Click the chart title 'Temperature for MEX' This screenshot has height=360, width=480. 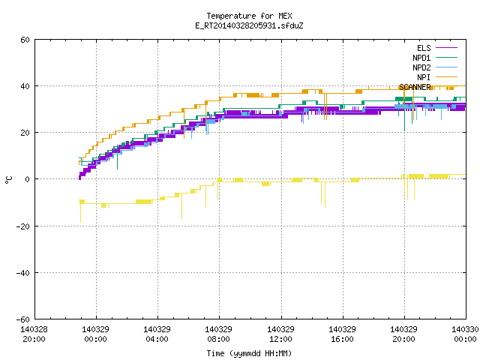click(x=249, y=16)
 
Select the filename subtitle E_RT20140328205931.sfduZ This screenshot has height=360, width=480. click(x=249, y=25)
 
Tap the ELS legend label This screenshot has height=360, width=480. click(x=424, y=48)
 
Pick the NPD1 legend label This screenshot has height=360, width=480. click(x=421, y=58)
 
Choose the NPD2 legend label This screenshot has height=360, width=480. click(x=421, y=67)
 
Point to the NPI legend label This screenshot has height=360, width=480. click(x=424, y=77)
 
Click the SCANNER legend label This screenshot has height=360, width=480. click(x=415, y=87)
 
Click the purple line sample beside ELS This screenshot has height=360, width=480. click(x=446, y=48)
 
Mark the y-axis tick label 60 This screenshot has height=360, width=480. click(x=25, y=40)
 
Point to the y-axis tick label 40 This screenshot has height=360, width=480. click(x=25, y=86)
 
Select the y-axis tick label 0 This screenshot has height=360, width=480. click(x=28, y=179)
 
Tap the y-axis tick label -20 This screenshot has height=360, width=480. click(x=23, y=226)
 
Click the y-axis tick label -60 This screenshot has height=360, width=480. click(x=23, y=319)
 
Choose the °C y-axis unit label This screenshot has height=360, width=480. click(x=9, y=180)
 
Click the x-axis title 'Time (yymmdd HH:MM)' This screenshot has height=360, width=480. click(x=249, y=353)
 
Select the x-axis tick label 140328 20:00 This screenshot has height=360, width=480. click(x=34, y=334)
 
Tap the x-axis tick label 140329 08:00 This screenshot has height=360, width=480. click(x=218, y=334)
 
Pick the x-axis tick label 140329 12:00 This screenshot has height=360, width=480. click(x=280, y=334)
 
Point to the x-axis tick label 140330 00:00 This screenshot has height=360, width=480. click(x=465, y=334)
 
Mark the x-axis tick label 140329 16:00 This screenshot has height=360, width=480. click(x=342, y=334)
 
